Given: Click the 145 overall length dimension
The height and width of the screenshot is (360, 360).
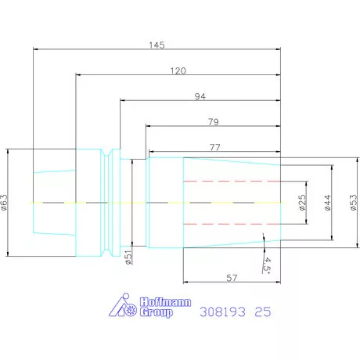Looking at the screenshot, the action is point(157,45).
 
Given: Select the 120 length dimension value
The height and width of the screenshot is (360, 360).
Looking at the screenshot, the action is point(178,70).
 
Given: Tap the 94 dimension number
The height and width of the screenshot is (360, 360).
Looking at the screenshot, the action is point(200,96).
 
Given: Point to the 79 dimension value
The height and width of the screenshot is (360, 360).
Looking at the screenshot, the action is point(214,122).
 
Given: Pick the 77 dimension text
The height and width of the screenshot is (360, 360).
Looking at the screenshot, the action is point(215,147).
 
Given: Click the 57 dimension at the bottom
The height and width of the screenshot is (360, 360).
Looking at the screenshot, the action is point(232,278).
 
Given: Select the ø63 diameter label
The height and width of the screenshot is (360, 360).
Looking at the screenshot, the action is point(5,203).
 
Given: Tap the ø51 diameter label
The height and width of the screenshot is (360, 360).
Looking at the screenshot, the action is point(128,257).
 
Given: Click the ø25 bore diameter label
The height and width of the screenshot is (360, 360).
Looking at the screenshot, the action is point(302,203).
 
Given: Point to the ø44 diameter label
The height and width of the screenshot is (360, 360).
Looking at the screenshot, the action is point(328,203).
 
